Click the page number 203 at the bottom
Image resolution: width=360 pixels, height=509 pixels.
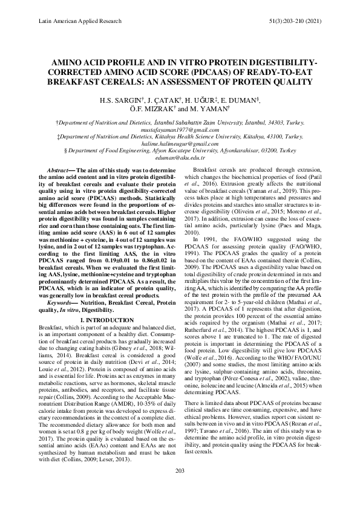pyautogui.click(x=180, y=487)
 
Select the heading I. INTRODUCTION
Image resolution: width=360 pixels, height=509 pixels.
pyautogui.click(x=103, y=319)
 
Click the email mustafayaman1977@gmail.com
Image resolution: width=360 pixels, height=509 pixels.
pyautogui.click(x=180, y=129)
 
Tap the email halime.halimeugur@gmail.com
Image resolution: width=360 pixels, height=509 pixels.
pyautogui.click(x=180, y=146)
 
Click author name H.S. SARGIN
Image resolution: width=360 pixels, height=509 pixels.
pyautogui.click(x=114, y=99)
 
